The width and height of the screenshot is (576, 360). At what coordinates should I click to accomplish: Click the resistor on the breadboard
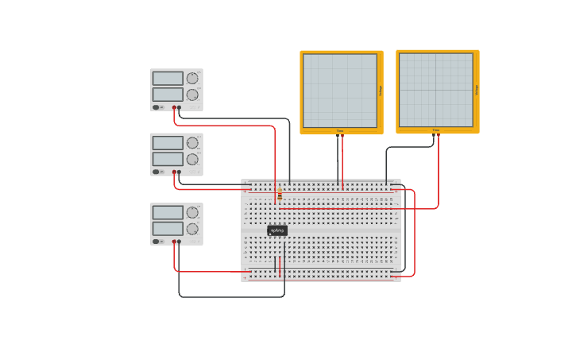280,194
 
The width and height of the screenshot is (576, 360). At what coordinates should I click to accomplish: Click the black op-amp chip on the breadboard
277,230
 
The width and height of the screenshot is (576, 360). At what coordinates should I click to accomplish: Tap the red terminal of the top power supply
174,107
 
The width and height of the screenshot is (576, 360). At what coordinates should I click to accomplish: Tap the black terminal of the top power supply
179,107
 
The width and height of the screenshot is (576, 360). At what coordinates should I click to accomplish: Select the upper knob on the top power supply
192,78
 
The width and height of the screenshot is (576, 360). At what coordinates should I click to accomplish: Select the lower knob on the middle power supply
192,159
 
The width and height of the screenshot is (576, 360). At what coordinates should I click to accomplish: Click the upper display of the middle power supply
168,143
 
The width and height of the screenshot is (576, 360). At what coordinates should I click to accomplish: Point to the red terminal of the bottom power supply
174,241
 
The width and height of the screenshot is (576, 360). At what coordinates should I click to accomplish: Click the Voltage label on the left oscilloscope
381,91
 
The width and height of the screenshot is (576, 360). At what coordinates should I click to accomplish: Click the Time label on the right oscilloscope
436,130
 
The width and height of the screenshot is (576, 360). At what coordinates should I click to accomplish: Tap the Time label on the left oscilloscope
340,131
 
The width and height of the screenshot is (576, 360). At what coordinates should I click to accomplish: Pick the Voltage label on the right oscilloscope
477,90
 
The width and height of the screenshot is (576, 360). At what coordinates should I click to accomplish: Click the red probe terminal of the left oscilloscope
342,136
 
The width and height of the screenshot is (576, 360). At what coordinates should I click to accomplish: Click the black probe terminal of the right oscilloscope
434,135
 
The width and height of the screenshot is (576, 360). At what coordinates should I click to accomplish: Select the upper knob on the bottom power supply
192,212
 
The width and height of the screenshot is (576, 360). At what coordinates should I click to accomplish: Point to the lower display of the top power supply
168,95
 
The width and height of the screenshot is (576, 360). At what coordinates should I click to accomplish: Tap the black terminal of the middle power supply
179,172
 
